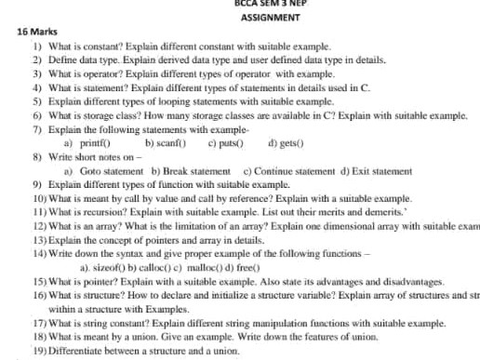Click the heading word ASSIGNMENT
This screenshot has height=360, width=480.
tap(261, 18)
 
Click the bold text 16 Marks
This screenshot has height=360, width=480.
tap(38, 32)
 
